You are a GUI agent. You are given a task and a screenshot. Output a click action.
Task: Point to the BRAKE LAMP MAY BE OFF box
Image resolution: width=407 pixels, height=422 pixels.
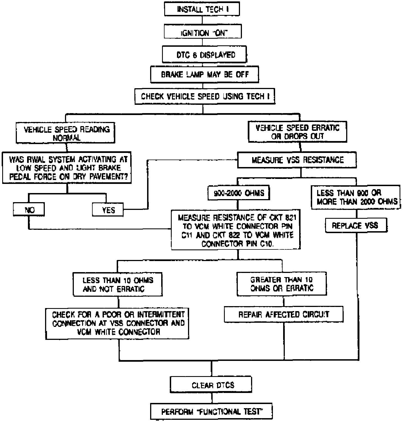205,74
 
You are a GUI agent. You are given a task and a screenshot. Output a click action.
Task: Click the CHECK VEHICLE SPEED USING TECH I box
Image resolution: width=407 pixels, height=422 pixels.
205,96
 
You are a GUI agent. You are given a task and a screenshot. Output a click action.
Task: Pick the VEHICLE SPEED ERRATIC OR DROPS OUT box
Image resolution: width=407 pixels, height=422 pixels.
298,132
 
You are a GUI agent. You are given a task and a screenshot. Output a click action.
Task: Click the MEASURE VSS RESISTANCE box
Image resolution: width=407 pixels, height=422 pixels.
297,160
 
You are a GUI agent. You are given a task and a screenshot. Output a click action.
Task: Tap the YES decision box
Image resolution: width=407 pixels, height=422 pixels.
108,210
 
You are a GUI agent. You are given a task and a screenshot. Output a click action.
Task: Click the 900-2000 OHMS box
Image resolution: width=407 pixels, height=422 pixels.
239,193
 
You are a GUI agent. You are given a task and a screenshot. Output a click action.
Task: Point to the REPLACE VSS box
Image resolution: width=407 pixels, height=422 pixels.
355,226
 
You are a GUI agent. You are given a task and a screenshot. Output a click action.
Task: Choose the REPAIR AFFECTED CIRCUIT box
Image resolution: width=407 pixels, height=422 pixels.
284,314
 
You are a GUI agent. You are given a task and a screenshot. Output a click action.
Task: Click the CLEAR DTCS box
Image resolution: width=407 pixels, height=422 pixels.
213,385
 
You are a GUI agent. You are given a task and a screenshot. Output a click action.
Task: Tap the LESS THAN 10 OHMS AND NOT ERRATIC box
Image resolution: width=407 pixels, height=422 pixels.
118,285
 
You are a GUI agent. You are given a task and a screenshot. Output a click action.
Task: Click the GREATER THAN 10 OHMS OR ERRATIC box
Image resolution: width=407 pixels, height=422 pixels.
282,284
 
